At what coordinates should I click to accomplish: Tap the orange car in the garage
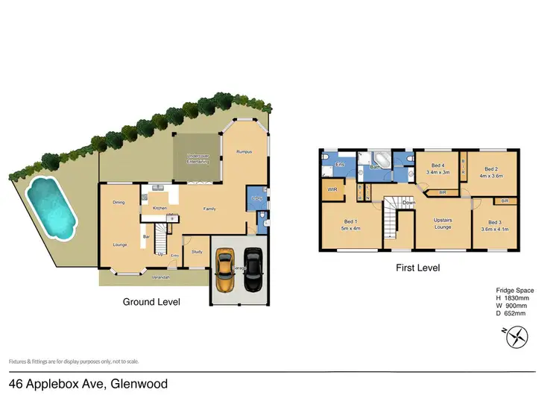(225, 270)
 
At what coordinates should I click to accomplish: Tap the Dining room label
(119, 203)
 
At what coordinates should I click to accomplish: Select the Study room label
(197, 252)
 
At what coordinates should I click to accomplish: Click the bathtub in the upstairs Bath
(381, 159)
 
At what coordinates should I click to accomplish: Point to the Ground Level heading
(151, 302)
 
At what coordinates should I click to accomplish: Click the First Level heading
(418, 268)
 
